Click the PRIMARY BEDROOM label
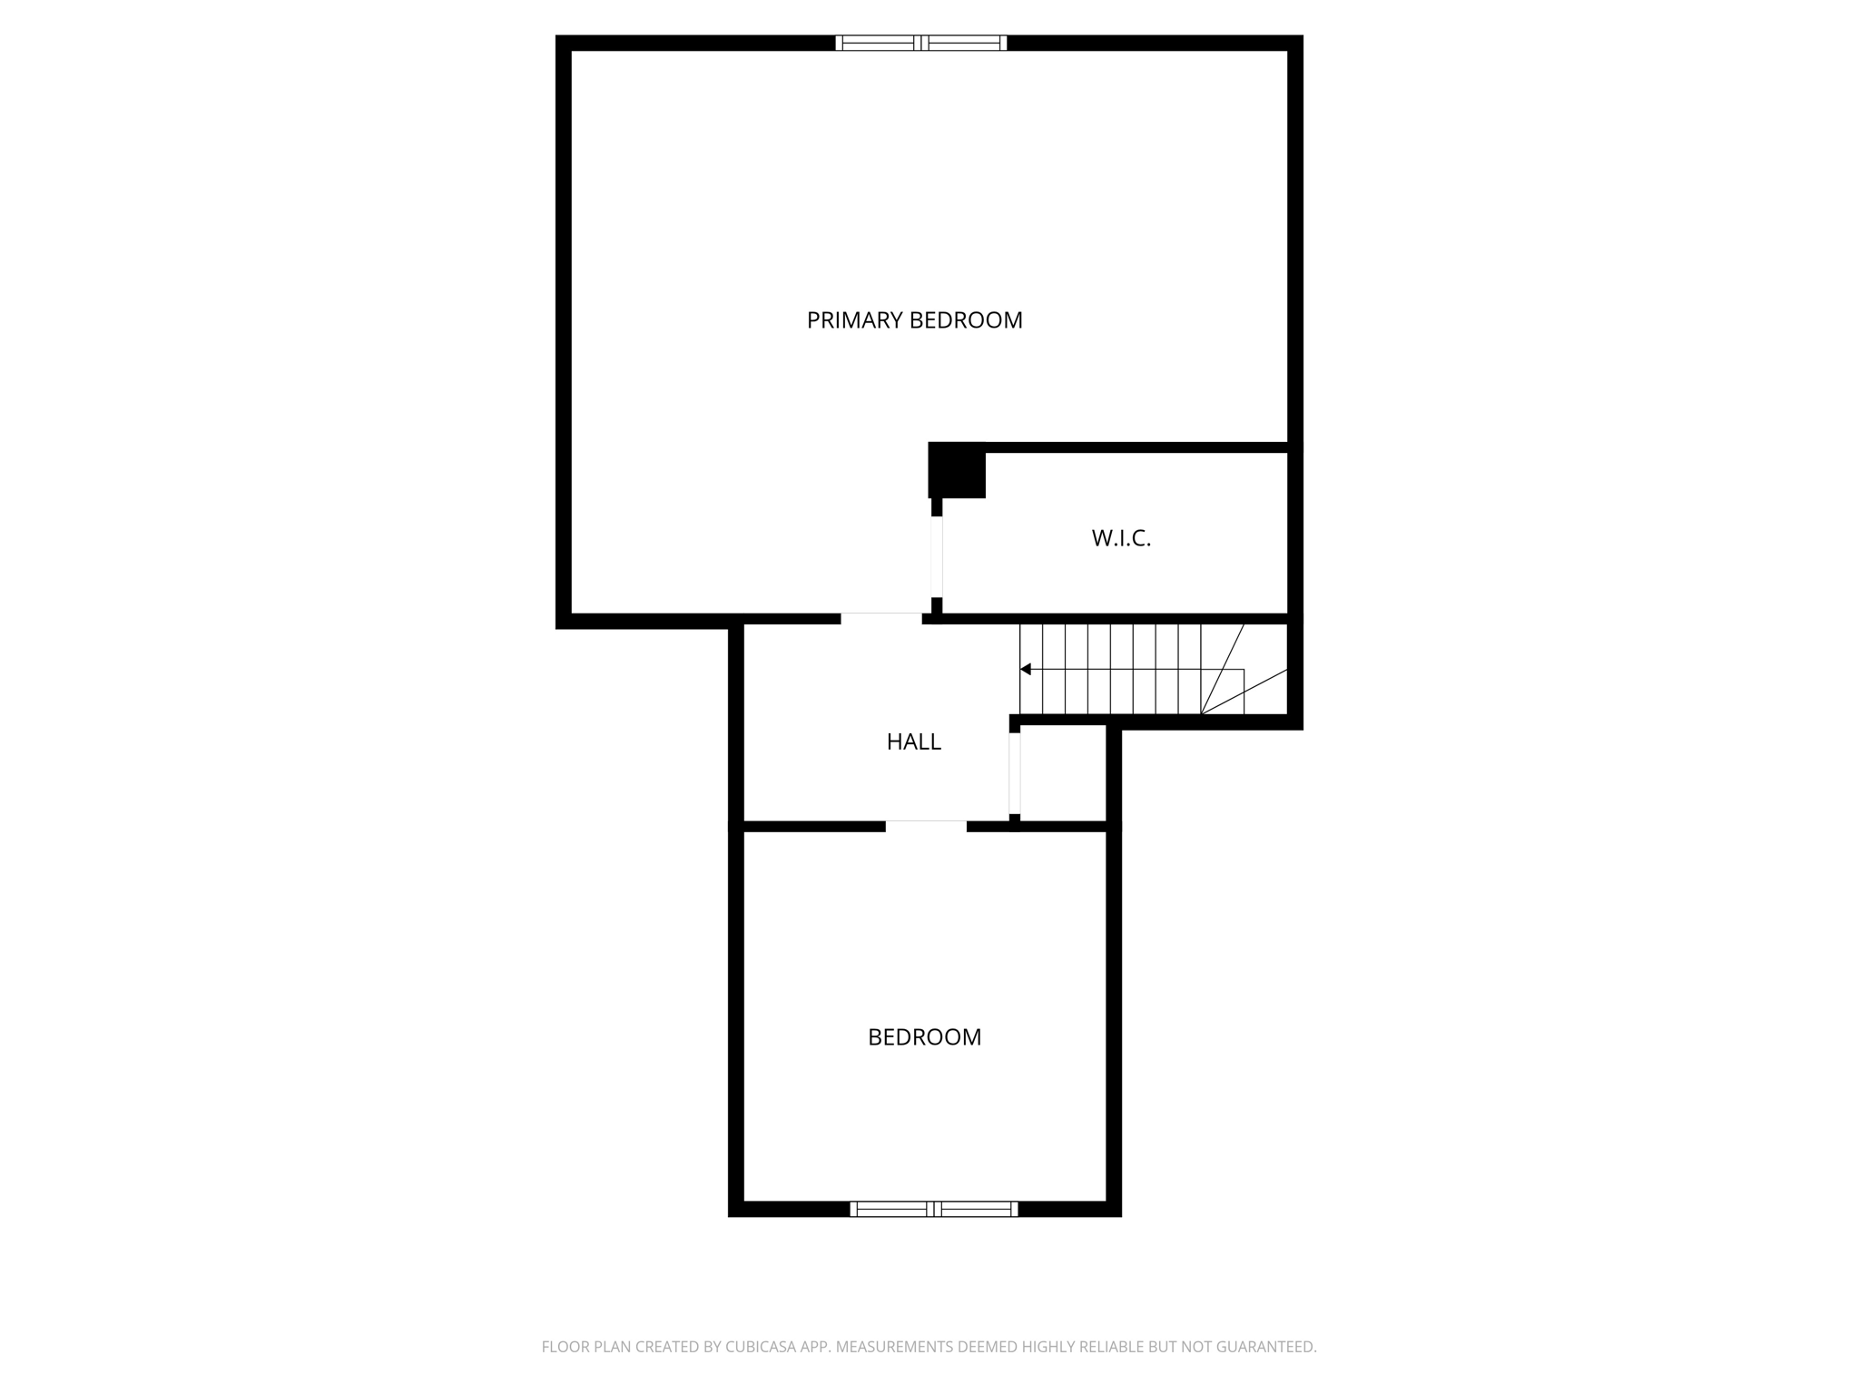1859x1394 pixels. point(914,320)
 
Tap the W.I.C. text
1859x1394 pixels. point(1121,538)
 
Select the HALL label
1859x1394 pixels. point(913,742)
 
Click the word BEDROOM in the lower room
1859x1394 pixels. point(924,1037)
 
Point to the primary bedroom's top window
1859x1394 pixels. point(920,43)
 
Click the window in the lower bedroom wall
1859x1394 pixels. point(933,1209)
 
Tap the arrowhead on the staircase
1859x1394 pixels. point(1026,670)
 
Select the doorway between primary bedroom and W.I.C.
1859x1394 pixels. point(937,557)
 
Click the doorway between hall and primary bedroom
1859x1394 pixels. point(880,619)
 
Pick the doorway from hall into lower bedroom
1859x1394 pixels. point(926,826)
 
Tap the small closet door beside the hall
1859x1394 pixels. point(1015,774)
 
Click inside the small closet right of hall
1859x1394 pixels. point(1062,774)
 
